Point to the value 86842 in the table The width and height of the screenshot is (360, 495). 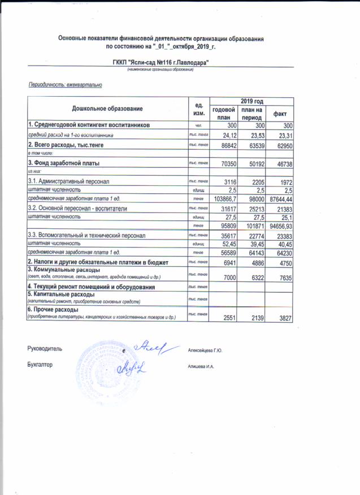click(225, 145)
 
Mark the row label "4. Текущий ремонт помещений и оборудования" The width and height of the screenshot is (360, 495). click(92, 286)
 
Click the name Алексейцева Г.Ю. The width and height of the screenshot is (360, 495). click(205, 351)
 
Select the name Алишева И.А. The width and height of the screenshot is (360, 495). click(201, 367)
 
